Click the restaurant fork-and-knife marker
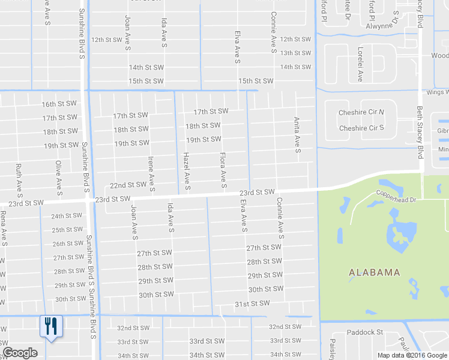[x=50, y=326]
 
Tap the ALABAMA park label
[x=375, y=272]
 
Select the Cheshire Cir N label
[x=361, y=113]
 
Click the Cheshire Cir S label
[x=361, y=128]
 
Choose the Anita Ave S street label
[x=297, y=135]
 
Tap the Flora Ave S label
[x=223, y=171]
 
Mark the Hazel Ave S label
[x=187, y=172]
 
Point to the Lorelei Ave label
[x=360, y=64]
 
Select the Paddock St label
[x=364, y=332]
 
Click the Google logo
[x=20, y=353]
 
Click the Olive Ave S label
[x=59, y=178]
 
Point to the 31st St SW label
[x=252, y=304]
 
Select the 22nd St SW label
[x=128, y=185]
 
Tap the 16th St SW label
[x=59, y=104]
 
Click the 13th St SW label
[x=295, y=53]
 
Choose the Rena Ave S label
[x=4, y=228]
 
